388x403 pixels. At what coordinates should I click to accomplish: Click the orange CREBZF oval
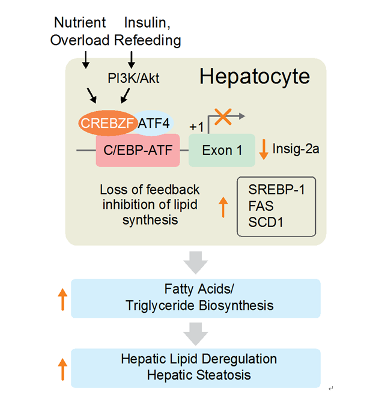pos(106,123)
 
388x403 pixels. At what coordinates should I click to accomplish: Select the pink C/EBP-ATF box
pos(138,150)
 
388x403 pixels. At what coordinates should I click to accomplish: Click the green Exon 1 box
pos(222,150)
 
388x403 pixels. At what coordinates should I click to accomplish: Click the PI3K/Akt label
pos(135,77)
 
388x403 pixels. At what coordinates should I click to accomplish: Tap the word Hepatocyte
pos(254,76)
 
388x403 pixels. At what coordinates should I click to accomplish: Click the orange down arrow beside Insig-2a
pos(263,149)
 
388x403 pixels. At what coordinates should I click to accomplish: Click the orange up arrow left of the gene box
pos(223,206)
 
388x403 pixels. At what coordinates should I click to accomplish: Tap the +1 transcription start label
pos(196,127)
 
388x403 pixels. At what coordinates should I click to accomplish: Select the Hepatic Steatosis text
pos(199,375)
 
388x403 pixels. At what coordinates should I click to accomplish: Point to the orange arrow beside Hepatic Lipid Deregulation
pos(62,368)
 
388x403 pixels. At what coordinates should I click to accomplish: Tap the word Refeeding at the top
pos(147,40)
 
